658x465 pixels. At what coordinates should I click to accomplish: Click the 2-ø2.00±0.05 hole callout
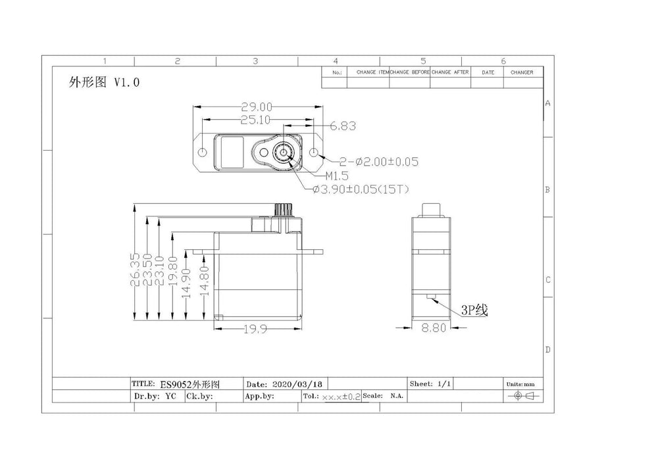pyautogui.click(x=378, y=161)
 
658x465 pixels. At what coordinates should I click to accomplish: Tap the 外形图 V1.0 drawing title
pyautogui.click(x=104, y=82)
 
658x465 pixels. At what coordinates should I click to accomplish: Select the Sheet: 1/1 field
pyautogui.click(x=430, y=383)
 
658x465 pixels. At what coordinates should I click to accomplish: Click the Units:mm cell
pyautogui.click(x=520, y=383)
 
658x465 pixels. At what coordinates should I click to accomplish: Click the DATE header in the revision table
pyautogui.click(x=488, y=72)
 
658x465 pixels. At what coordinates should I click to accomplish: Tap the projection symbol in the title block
pyautogui.click(x=522, y=396)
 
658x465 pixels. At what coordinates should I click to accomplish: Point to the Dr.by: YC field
pyautogui.click(x=155, y=397)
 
